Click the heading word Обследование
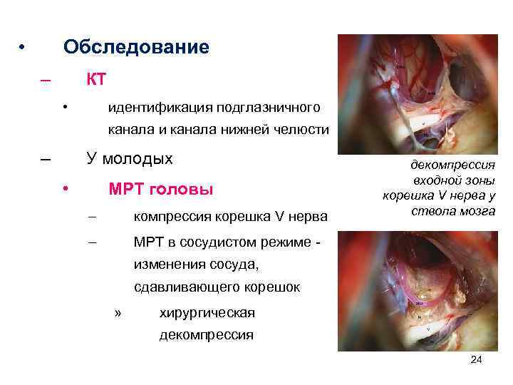click(136, 47)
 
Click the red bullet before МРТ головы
click(65, 189)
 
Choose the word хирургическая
click(207, 313)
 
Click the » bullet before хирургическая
click(118, 313)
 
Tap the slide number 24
click(477, 360)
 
